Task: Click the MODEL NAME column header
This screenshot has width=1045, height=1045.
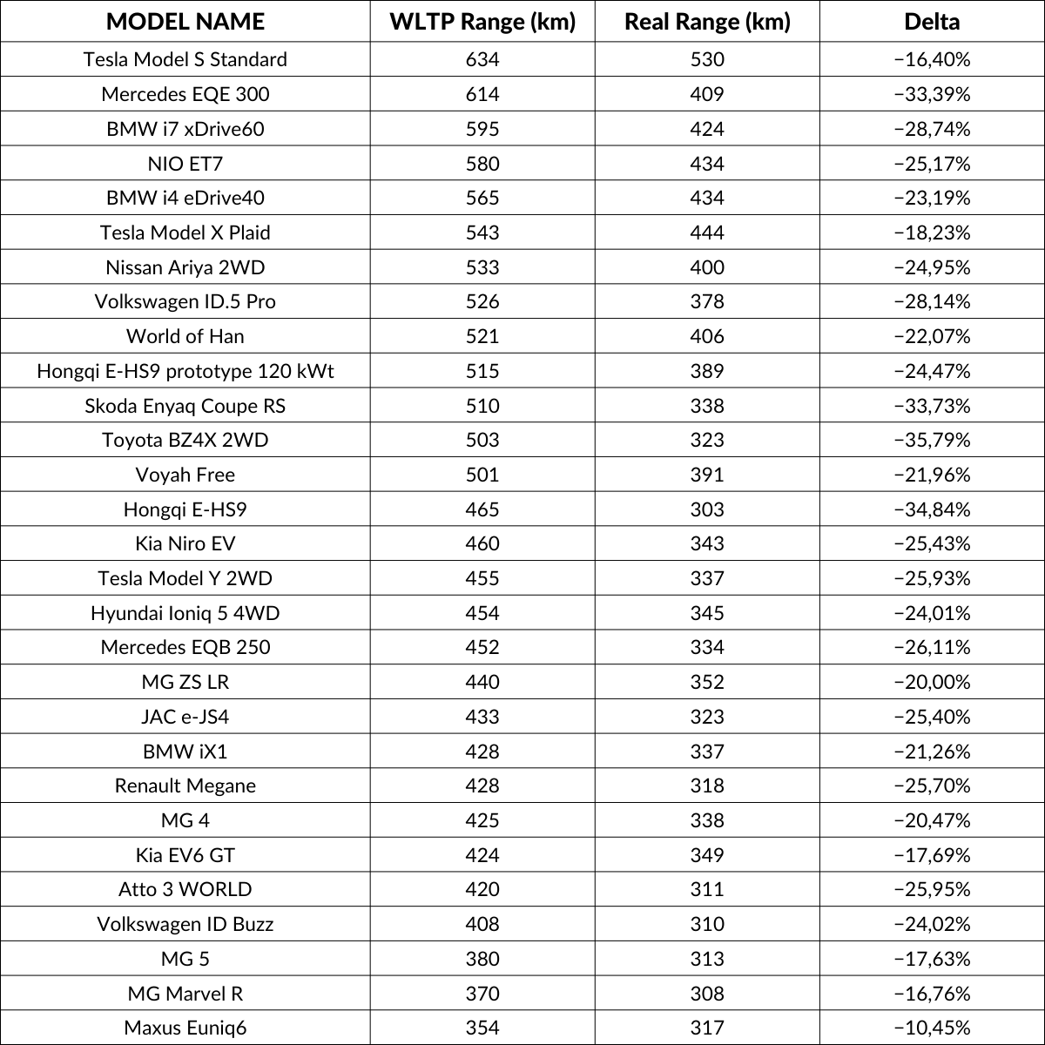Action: pyautogui.click(x=185, y=22)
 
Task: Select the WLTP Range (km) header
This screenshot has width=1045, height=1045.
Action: pyautogui.click(x=482, y=22)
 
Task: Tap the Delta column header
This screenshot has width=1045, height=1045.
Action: pyautogui.click(x=932, y=22)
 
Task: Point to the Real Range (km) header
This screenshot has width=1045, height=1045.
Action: pyautogui.click(x=707, y=22)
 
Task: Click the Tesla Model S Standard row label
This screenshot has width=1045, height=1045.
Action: pyautogui.click(x=185, y=59)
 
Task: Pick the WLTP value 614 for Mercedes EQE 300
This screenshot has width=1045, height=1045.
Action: pyautogui.click(x=482, y=94)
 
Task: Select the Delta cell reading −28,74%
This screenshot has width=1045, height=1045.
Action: pyautogui.click(x=932, y=129)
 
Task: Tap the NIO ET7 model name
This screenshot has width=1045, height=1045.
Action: pyautogui.click(x=185, y=164)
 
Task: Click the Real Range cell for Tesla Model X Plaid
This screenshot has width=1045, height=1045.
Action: pyautogui.click(x=707, y=233)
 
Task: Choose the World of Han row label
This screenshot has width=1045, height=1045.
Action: pyautogui.click(x=185, y=336)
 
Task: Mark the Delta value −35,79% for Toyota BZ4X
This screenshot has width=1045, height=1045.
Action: pyautogui.click(x=932, y=440)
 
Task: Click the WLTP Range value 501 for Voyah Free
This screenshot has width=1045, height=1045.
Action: pyautogui.click(x=482, y=475)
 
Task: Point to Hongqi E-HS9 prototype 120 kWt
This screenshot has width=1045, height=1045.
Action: pyautogui.click(x=185, y=371)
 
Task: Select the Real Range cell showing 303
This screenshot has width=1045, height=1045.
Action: pyautogui.click(x=707, y=509)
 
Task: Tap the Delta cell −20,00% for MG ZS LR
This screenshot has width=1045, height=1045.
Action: pyautogui.click(x=932, y=682)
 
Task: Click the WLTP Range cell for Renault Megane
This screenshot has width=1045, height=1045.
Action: pyautogui.click(x=482, y=785)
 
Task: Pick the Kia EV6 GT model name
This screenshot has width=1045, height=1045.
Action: pyautogui.click(x=185, y=855)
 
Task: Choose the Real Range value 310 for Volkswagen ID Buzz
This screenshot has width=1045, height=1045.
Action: pyautogui.click(x=707, y=924)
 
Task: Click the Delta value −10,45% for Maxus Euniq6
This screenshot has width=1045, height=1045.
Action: pyautogui.click(x=932, y=1028)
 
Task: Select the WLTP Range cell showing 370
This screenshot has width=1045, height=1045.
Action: pyautogui.click(x=482, y=994)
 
